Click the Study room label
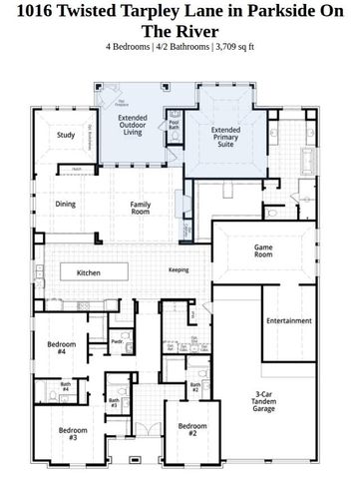click(x=66, y=135)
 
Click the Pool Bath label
click(x=175, y=125)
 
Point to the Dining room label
click(x=66, y=204)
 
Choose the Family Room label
click(x=141, y=208)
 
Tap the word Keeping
click(x=179, y=269)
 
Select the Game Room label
click(x=263, y=250)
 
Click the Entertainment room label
click(x=289, y=321)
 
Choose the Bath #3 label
click(x=114, y=404)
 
